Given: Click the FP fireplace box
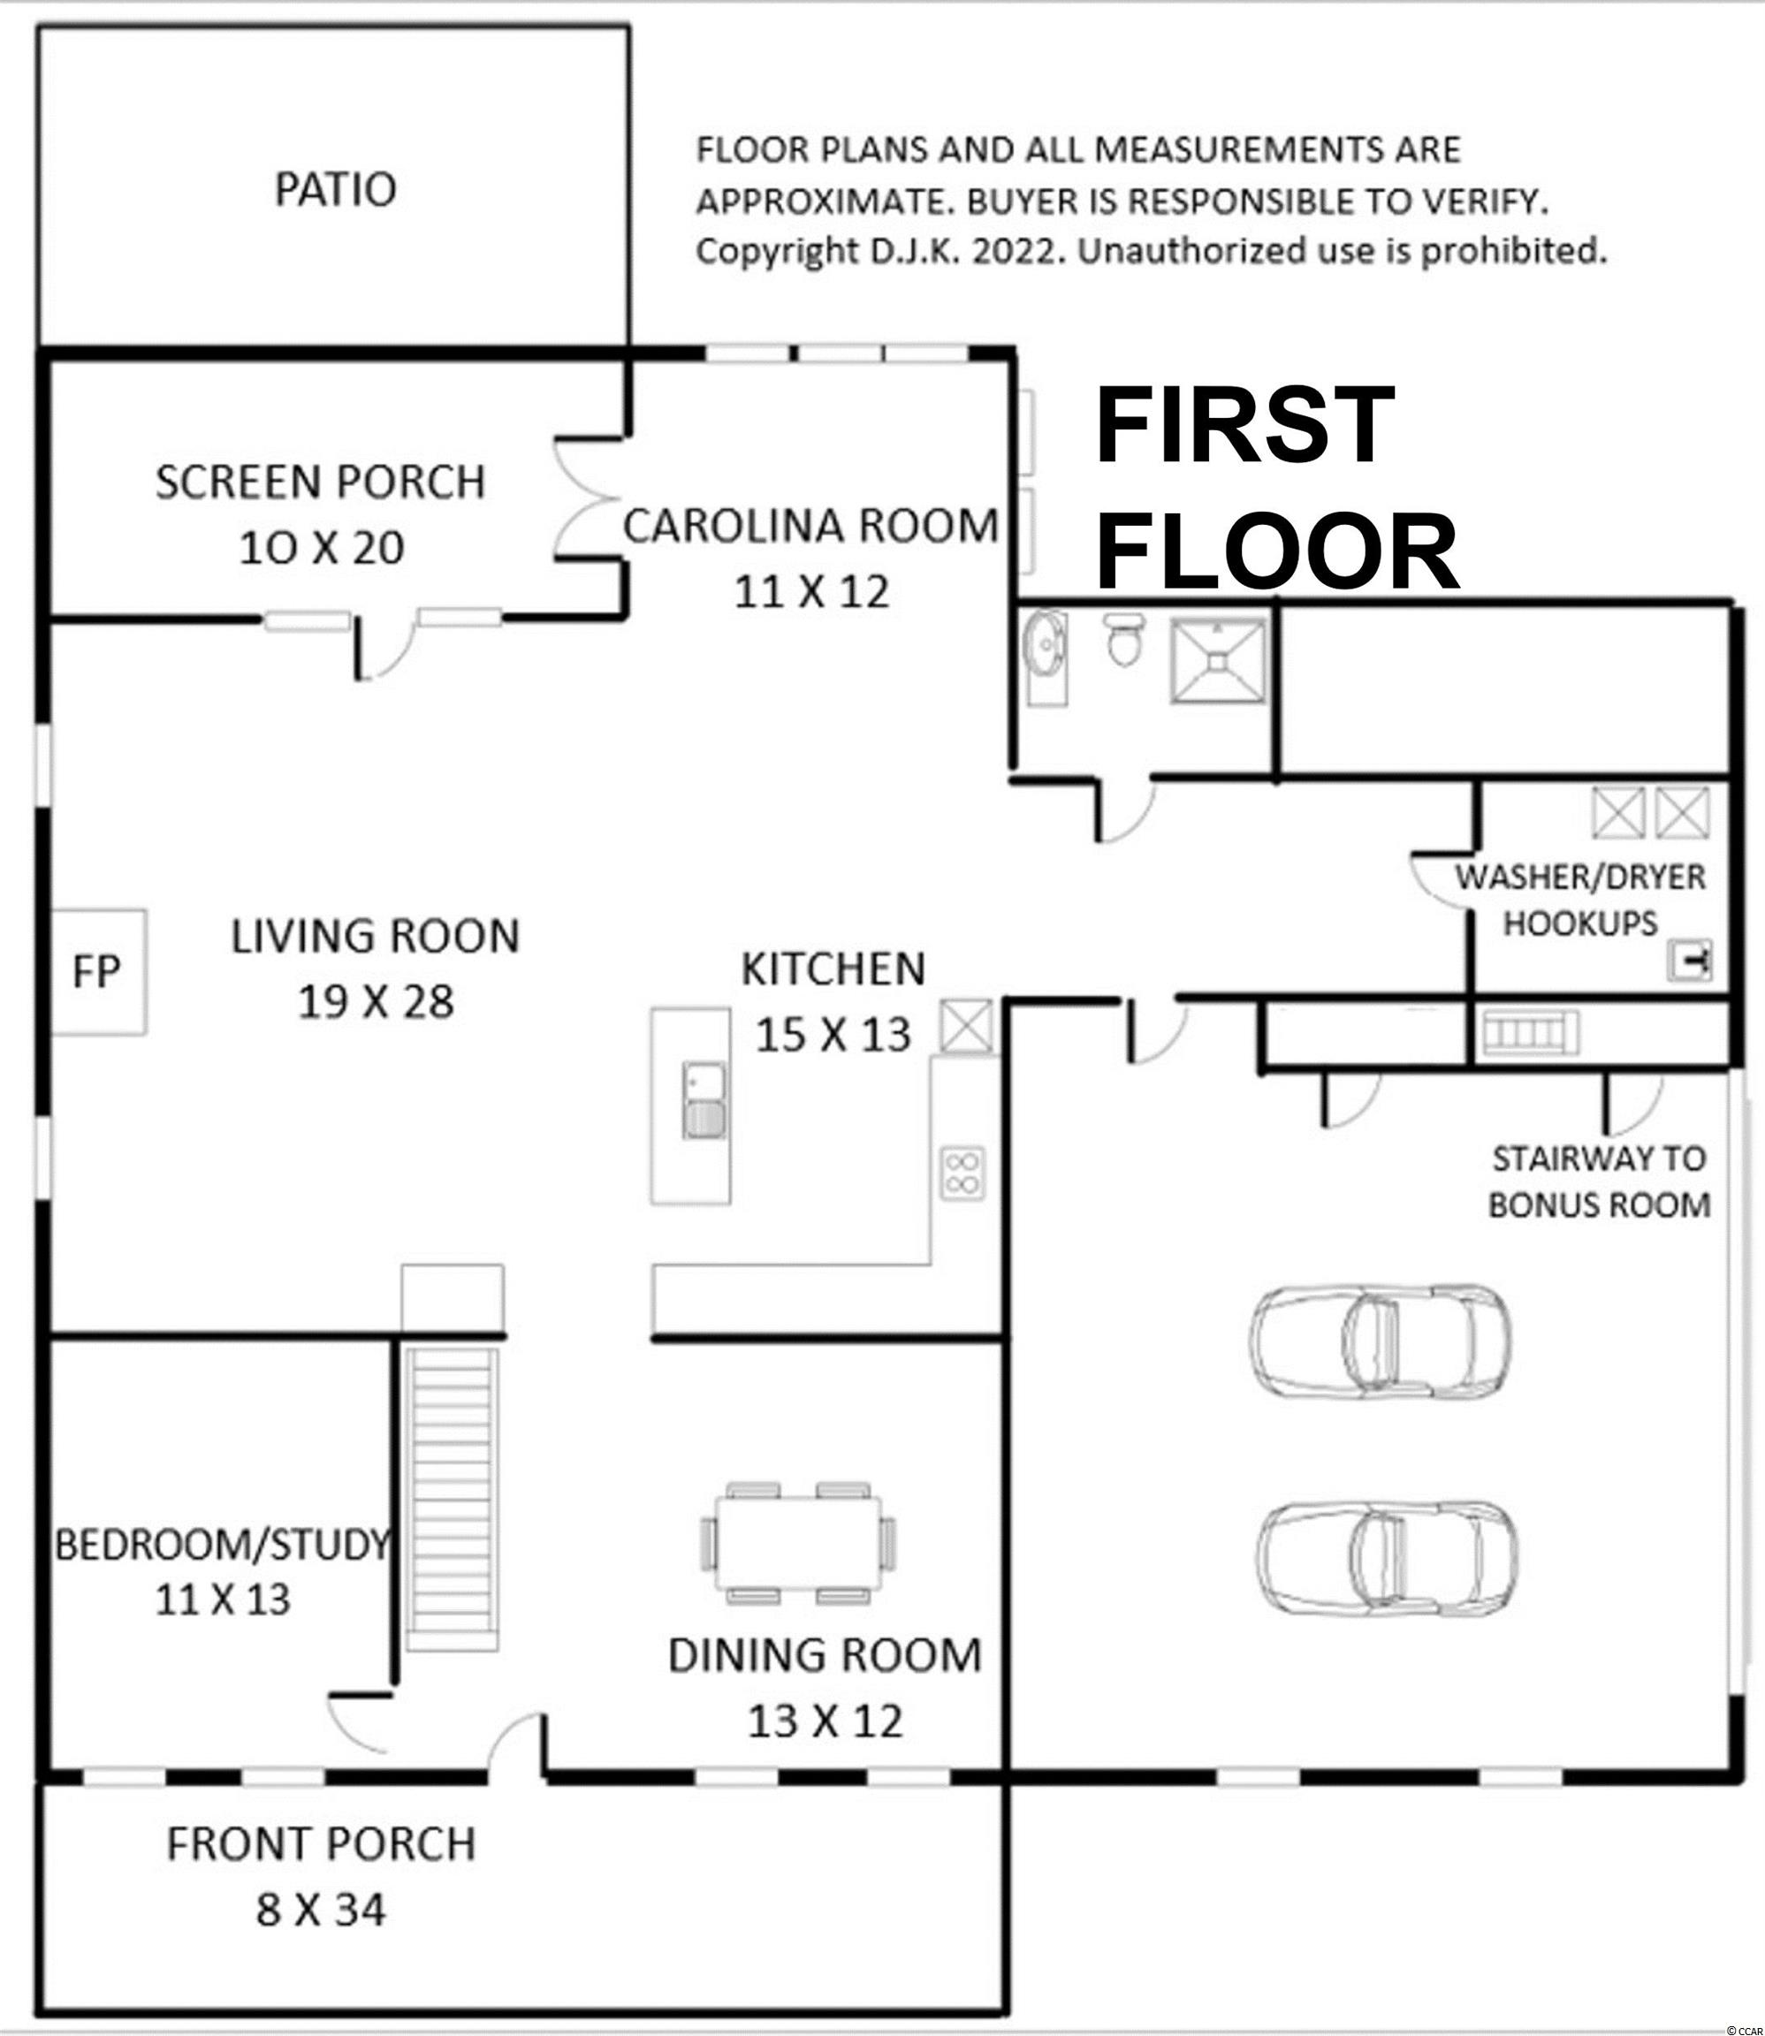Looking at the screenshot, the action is click(98, 972).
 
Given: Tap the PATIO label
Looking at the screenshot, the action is click(336, 189).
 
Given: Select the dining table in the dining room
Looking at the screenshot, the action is click(799, 1545).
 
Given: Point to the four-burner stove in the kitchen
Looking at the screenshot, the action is click(963, 1173).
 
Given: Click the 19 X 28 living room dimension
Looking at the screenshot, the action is click(376, 1002).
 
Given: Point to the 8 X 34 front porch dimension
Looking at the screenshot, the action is click(321, 1911).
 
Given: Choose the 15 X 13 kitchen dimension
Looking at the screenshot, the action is click(833, 1035).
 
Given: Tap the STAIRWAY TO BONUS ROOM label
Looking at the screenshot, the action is click(1599, 1181).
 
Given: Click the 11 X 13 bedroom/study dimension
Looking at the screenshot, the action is click(224, 1599).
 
